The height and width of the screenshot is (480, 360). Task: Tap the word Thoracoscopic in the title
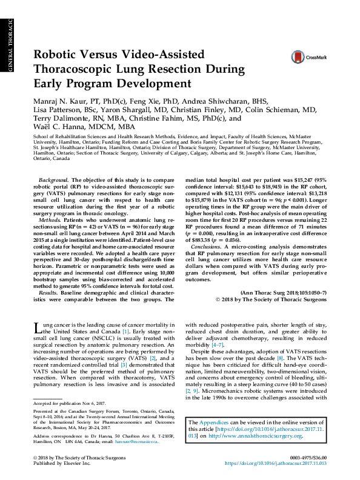pos(84,69)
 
